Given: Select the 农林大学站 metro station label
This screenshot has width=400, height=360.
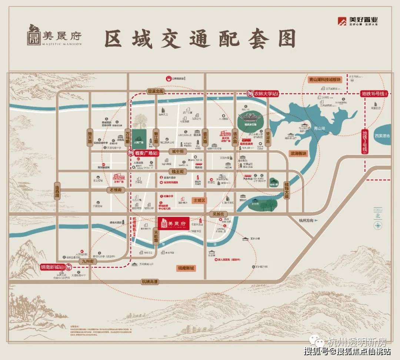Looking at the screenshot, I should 263,94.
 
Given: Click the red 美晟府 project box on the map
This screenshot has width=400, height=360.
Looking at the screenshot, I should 174,223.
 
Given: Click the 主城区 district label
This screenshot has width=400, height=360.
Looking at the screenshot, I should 199,200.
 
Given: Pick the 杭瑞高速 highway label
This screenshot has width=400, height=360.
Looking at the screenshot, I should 150,282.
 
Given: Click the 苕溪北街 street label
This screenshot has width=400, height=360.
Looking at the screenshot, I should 156,91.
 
